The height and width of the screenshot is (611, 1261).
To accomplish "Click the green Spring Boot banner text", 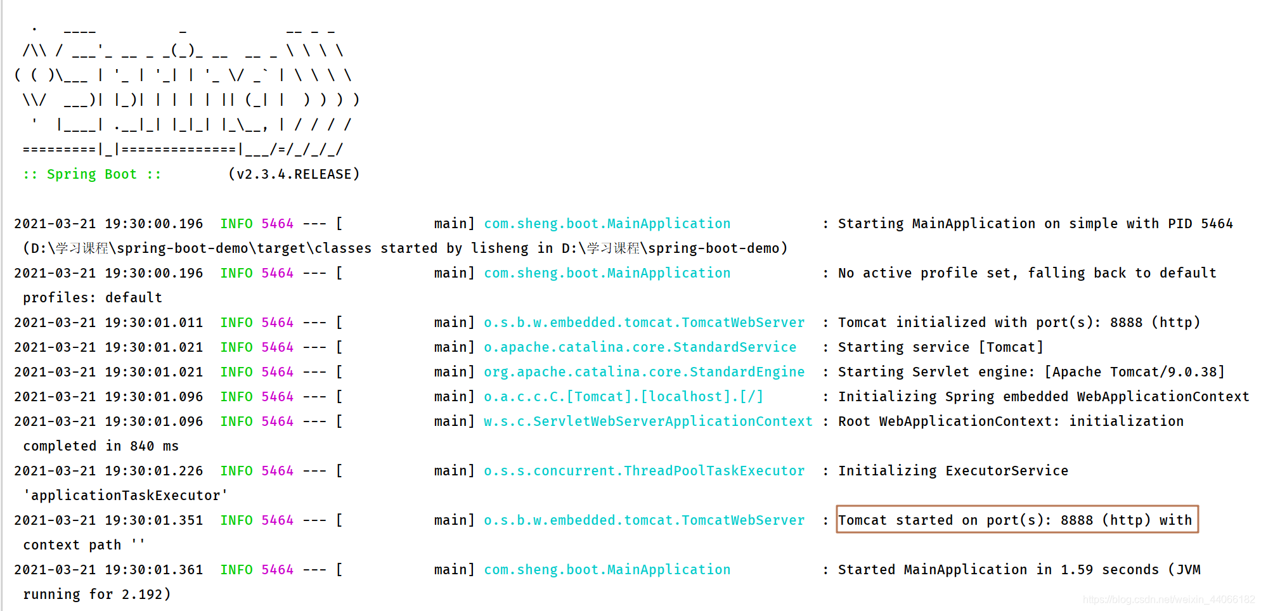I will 92,174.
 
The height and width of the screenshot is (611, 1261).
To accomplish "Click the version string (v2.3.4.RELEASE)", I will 294,174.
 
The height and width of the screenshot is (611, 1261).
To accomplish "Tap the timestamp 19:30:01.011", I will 153,323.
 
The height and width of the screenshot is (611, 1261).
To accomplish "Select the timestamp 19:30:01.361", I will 153,570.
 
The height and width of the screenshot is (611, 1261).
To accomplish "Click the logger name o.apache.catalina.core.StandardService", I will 640,347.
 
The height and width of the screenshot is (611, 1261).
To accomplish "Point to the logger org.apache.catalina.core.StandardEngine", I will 644,372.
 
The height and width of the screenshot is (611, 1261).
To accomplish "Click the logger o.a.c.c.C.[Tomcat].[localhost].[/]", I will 623,397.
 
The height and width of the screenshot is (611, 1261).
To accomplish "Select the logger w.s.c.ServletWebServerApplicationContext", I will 648,421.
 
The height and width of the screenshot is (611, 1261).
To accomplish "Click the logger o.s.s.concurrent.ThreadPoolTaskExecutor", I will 644,471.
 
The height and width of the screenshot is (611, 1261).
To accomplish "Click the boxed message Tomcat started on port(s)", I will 1016,520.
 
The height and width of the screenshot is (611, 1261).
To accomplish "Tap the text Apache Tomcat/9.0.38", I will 1134,372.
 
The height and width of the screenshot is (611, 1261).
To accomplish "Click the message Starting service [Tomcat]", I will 940,347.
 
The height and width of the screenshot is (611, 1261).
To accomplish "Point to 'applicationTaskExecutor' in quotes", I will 125,496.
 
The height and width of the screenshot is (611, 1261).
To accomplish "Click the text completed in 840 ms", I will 101,446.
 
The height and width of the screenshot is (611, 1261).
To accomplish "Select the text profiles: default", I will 93,298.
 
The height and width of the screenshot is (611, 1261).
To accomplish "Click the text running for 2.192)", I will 97,595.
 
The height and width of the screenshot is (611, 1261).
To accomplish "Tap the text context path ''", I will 84,545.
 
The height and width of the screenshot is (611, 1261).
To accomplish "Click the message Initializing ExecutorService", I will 953,471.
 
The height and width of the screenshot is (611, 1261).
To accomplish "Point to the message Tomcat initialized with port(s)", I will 1019,323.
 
